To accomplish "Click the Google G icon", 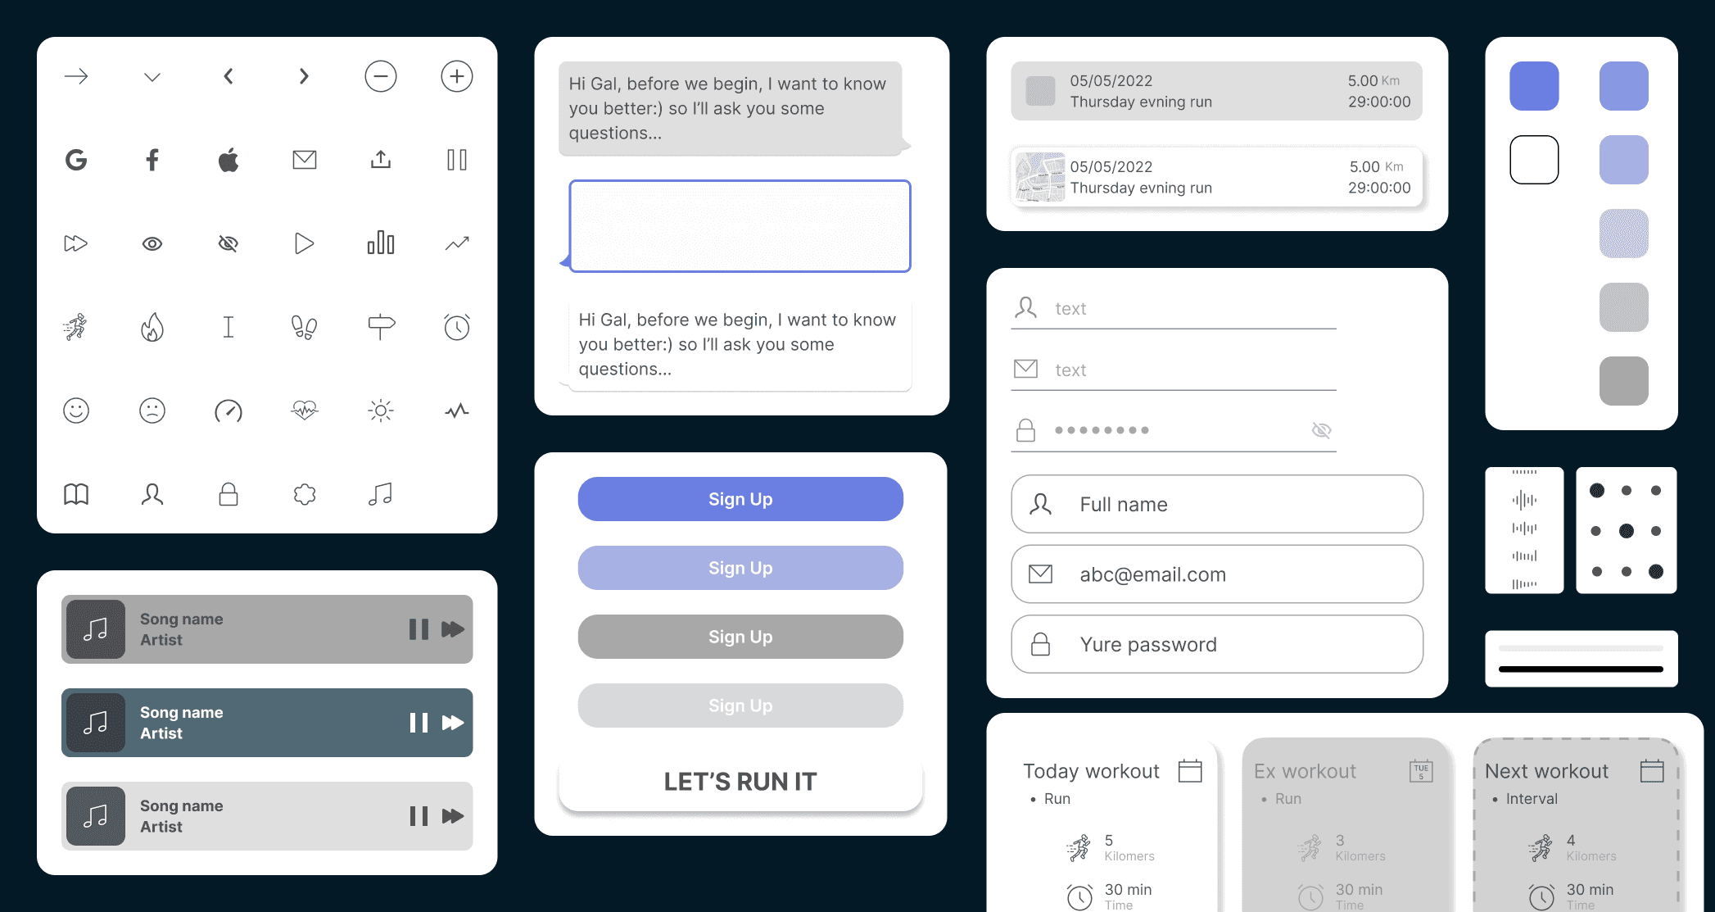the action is click(76, 160).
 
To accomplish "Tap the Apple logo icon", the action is click(229, 160).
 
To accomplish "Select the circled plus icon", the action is click(457, 76).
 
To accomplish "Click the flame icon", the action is click(152, 327).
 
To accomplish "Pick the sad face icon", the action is click(152, 411).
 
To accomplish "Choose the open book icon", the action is click(76, 494).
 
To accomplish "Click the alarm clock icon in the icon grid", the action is click(457, 327).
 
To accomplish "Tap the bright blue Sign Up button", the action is click(740, 499).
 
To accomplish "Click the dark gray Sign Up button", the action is click(740, 637).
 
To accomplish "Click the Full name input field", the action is click(1217, 504).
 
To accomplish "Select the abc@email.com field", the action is click(1217, 574).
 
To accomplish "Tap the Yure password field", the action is click(1217, 644).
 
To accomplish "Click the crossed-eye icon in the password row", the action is click(1321, 430).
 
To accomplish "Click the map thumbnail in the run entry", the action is click(1040, 177).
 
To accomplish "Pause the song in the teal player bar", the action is click(419, 723).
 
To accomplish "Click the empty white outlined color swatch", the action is click(1534, 160).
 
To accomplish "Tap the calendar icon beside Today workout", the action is click(1190, 771).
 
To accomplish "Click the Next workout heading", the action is click(1546, 771).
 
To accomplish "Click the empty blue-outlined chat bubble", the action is click(740, 226).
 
